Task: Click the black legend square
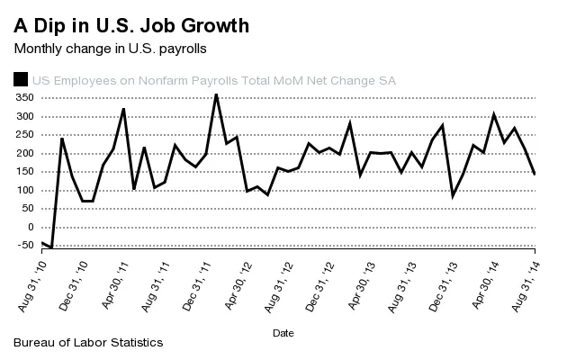(20, 80)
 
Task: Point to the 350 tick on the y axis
(24, 98)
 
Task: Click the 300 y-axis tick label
(24, 117)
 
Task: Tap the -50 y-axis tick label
(24, 246)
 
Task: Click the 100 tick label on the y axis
(24, 191)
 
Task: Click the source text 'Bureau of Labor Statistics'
(89, 343)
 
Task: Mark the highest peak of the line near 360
(216, 94)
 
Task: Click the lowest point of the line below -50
(51, 247)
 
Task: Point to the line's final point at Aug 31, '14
(535, 174)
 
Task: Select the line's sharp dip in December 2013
(453, 195)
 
